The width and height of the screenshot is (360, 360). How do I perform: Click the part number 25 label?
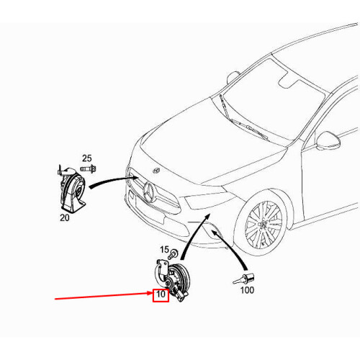pos(86,158)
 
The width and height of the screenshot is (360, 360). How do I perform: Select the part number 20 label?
pos(65,217)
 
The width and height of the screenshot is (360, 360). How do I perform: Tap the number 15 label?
pos(165,250)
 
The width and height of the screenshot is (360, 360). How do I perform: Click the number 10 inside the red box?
pos(161,294)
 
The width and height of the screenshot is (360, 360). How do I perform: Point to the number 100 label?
pos(247,290)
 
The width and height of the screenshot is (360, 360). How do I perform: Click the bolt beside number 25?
pos(88,169)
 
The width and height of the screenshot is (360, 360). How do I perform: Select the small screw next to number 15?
pos(173,254)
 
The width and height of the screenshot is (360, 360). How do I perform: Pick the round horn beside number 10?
pos(173,279)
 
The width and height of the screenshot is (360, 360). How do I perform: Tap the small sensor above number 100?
pos(244,279)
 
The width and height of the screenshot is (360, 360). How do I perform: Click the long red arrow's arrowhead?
pos(150,293)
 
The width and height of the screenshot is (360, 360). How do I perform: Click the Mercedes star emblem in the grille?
pos(150,192)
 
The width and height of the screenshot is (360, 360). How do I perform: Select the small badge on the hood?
pos(156,171)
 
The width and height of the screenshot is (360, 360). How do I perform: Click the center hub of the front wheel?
pos(262,224)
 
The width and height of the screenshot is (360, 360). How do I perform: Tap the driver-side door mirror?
pos(328,141)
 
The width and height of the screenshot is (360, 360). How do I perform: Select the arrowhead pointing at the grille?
pos(135,179)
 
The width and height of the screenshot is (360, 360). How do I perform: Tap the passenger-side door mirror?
pos(233,77)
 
